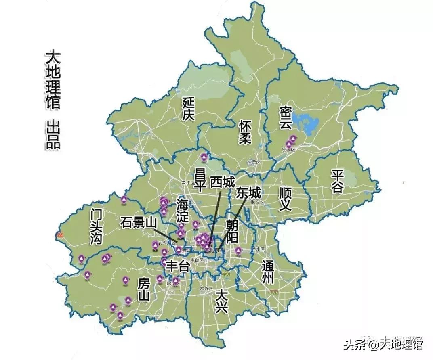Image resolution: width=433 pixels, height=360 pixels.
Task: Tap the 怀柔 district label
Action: tap(245, 132)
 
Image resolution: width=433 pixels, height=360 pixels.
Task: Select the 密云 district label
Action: tap(286, 118)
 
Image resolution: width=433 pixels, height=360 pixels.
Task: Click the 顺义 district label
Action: tap(285, 199)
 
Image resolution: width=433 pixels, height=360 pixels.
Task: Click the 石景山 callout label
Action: tap(138, 222)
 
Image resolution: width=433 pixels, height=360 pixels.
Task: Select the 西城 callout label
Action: tap(222, 182)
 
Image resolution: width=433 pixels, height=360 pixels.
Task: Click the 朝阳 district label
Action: tap(232, 231)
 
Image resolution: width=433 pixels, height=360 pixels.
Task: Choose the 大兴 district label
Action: tap(222, 301)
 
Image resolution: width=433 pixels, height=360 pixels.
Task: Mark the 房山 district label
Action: tap(144, 290)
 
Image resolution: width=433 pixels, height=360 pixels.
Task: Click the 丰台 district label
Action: tap(178, 266)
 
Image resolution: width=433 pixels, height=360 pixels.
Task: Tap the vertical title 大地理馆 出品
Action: tap(53, 99)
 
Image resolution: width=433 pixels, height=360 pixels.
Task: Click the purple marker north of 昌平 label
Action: tap(204, 157)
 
